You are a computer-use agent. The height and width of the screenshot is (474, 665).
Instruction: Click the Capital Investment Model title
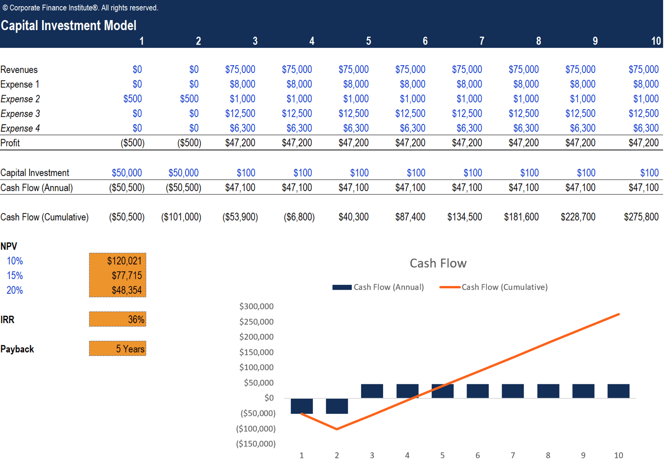(x=68, y=26)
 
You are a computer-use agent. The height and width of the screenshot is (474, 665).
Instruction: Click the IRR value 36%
(x=136, y=320)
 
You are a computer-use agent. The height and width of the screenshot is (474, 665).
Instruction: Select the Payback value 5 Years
(x=130, y=349)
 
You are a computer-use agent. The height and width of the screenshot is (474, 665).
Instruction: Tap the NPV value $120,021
(x=124, y=261)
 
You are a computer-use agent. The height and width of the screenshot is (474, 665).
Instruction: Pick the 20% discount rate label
(x=15, y=291)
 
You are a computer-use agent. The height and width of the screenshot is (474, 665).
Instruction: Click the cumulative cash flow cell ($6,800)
(x=299, y=217)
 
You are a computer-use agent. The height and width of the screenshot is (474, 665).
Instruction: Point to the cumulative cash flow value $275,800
(x=641, y=217)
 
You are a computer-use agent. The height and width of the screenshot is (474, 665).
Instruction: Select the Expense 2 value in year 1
(x=133, y=99)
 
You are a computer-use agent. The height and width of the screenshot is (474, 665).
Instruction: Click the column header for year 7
(x=482, y=41)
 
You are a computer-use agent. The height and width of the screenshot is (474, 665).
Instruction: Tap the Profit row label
(x=10, y=143)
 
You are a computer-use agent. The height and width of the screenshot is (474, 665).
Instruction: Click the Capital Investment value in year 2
(x=183, y=173)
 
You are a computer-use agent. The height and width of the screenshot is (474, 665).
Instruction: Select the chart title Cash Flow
(x=438, y=264)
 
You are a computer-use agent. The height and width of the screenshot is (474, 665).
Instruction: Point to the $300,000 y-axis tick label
(x=256, y=306)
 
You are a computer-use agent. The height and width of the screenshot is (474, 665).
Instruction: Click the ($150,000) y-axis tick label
(x=256, y=443)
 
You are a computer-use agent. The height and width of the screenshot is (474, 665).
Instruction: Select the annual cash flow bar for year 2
(x=337, y=406)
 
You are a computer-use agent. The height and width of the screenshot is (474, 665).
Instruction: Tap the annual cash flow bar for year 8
(x=548, y=391)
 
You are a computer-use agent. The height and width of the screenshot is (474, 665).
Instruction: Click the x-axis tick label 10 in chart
(x=618, y=455)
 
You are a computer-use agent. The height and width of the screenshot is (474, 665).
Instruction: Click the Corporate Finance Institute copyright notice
(x=80, y=8)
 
